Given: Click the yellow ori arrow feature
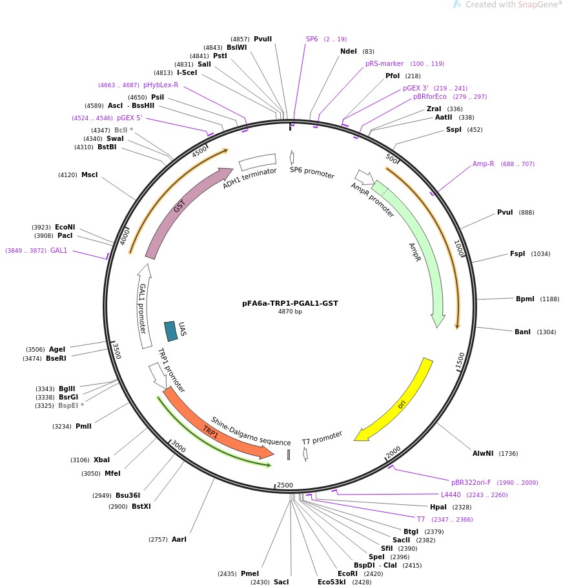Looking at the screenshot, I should pos(395,401).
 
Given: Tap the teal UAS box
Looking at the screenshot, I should pos(171,331).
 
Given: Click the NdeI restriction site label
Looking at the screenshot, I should pos(348,51).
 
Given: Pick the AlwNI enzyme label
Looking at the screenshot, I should pos(482,453).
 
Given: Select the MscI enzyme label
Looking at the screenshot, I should pos(89,175).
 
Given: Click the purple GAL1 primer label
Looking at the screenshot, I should pos(59,250).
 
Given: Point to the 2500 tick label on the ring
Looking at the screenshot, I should pos(284,485).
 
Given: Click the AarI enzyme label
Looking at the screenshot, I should pos(179,539).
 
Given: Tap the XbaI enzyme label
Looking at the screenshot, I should pos(101,460).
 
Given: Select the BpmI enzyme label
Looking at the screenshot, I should pos(525,299).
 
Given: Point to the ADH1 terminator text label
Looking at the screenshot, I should pos(250,178).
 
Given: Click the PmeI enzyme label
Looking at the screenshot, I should pos(249,573).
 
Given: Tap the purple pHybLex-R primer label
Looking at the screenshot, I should pos(161,85).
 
